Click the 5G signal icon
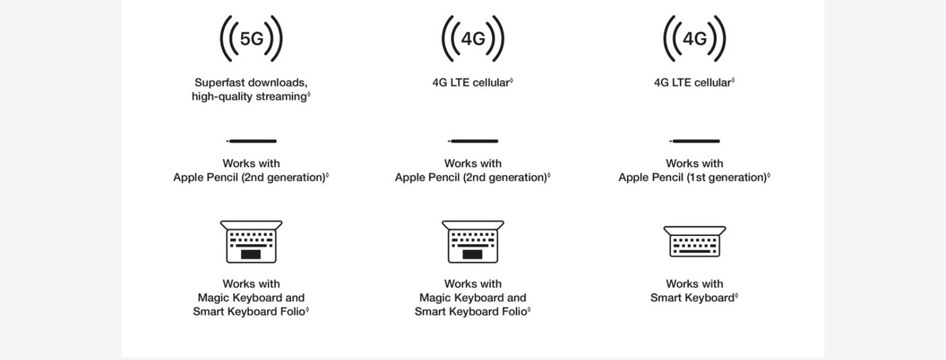(x=251, y=38)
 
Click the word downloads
(x=277, y=82)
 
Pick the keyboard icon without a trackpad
(x=695, y=241)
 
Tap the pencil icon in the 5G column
(x=251, y=141)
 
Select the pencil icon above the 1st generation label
(x=695, y=141)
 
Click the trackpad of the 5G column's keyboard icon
(x=251, y=254)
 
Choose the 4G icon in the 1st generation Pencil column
(x=695, y=38)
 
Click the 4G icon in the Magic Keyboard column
(x=473, y=38)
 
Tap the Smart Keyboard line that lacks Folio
(x=692, y=298)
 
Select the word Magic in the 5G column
(x=214, y=298)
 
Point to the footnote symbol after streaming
(x=309, y=95)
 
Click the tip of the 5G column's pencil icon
(x=226, y=141)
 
